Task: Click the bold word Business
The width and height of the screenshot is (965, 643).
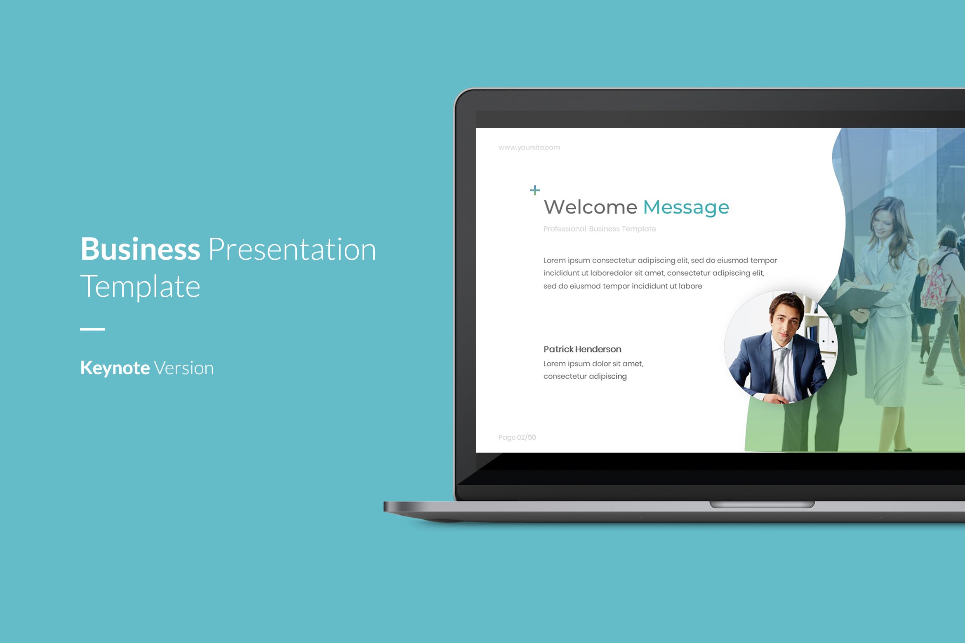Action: point(140,249)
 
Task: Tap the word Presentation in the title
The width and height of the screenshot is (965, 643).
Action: point(292,249)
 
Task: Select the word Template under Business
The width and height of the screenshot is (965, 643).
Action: point(140,286)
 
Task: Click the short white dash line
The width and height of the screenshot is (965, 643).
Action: point(92,329)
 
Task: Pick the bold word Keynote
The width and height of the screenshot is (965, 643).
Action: point(115,368)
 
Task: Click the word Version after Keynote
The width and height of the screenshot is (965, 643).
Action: point(184,368)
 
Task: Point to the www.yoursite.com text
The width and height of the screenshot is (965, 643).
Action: point(529,147)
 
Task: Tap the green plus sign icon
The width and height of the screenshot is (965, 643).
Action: point(534,190)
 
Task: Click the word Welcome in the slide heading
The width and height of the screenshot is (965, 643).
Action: point(590,207)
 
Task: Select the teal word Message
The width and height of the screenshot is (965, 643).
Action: point(686,207)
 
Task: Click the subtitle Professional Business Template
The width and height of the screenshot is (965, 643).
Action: point(599,229)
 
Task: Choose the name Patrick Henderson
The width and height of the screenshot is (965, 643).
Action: point(582,349)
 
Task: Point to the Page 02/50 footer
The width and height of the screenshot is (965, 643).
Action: point(517,437)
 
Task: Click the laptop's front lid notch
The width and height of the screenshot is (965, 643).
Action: point(762,505)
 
